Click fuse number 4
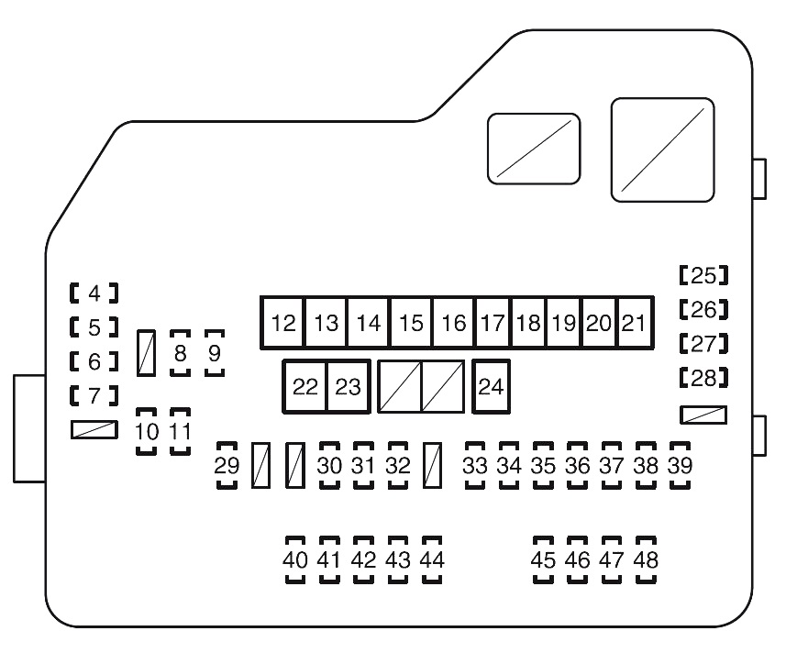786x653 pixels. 94,293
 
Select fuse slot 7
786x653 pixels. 94,397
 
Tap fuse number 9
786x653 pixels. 214,353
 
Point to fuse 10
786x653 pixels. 147,430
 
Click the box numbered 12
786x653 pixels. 284,323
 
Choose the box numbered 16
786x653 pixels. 453,323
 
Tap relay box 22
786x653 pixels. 304,386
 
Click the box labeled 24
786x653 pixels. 492,386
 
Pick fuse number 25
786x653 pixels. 703,274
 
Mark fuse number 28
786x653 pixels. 703,377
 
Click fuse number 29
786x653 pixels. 227,465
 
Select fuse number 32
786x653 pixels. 397,465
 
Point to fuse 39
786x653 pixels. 680,465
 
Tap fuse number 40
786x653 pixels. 295,559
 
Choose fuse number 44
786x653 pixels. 431,559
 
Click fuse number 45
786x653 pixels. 544,559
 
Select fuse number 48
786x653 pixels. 646,559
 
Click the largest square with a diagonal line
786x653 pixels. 663,149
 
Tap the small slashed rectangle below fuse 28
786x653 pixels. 703,415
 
